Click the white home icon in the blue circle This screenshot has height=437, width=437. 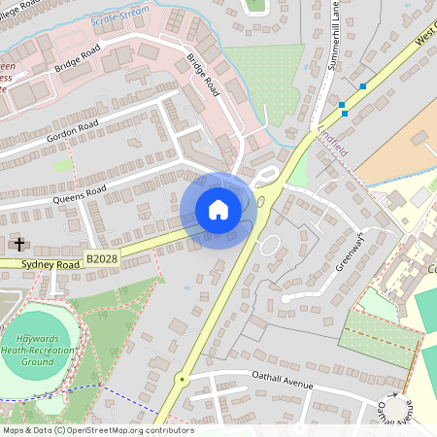pyautogui.click(x=218, y=209)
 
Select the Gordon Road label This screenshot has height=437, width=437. pyautogui.click(x=73, y=135)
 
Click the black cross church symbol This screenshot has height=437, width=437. pyautogui.click(x=19, y=244)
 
